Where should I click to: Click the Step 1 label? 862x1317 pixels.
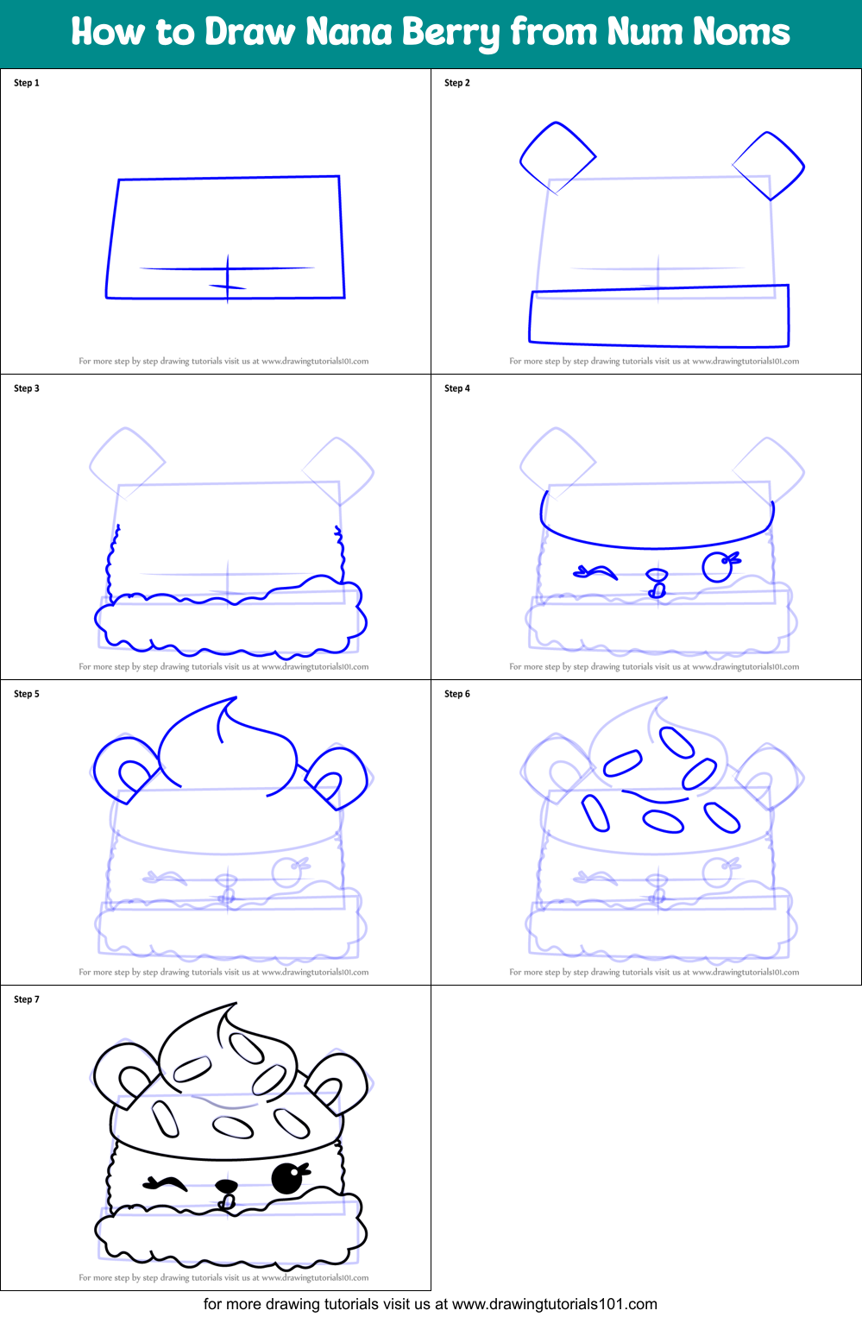coord(27,83)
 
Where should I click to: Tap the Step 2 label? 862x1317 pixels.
coord(457,83)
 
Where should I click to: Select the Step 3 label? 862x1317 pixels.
coord(27,388)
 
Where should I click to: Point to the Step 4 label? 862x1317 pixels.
coord(457,388)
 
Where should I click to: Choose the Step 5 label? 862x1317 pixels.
coord(27,694)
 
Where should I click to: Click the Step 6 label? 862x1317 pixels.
coord(457,694)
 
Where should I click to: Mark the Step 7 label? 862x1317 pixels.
coord(27,999)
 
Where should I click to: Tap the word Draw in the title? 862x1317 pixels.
coord(250,32)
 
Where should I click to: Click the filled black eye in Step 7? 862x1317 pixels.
coord(287,1178)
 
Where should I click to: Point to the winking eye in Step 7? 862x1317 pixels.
coord(166,1182)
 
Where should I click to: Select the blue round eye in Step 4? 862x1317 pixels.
coord(718,567)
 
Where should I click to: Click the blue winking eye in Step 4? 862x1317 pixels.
coord(595,571)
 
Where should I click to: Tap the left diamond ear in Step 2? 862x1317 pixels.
coord(557,158)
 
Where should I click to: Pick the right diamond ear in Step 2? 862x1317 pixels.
coord(769,166)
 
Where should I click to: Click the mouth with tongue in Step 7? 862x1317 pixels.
coord(227,1194)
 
